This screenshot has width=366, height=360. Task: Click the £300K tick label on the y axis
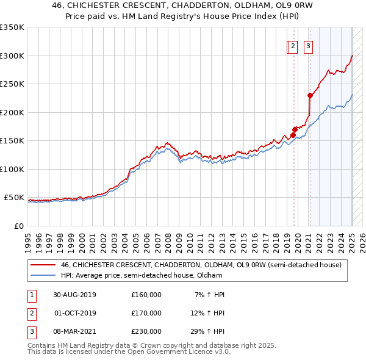(12, 56)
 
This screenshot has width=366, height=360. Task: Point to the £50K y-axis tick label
(15, 198)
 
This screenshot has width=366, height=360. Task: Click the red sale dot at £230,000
(310, 95)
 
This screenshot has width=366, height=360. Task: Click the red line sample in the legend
(43, 265)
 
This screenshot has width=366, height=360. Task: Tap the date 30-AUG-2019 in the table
(74, 295)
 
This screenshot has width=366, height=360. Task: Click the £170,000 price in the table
(146, 313)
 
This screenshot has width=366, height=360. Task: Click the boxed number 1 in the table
(31, 295)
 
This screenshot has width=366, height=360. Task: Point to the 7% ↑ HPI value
(209, 295)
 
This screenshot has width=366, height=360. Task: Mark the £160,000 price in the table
(146, 295)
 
